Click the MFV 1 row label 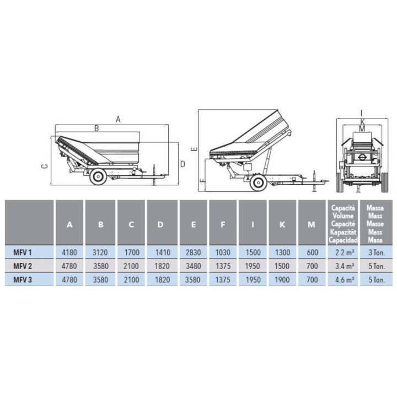pyautogui.click(x=23, y=253)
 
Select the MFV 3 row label pyautogui.click(x=23, y=280)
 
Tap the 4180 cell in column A pyautogui.click(x=69, y=253)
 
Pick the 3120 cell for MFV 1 pyautogui.click(x=100, y=253)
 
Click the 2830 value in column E pyautogui.click(x=193, y=253)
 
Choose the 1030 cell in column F pyautogui.click(x=223, y=253)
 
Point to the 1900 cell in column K pyautogui.click(x=282, y=280)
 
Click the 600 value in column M pyautogui.click(x=312, y=253)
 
